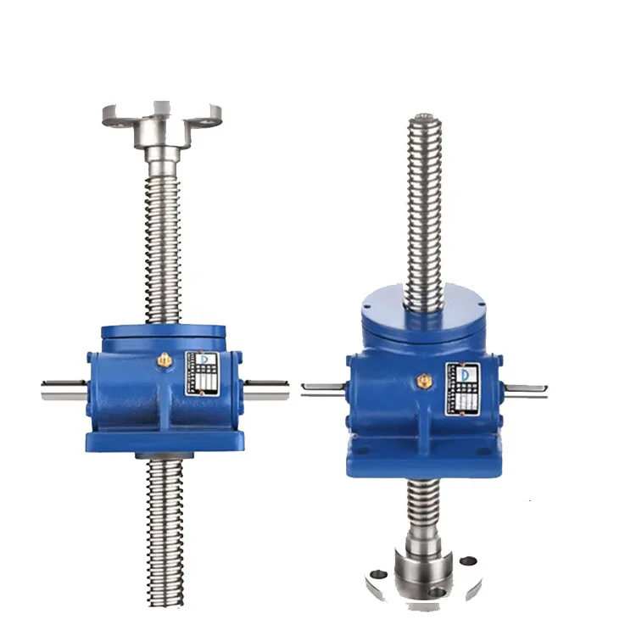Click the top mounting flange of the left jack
[x=161, y=114]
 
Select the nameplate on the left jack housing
[x=204, y=373]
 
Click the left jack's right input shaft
[x=267, y=392]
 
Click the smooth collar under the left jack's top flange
[x=161, y=153]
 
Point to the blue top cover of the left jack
[x=161, y=333]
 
